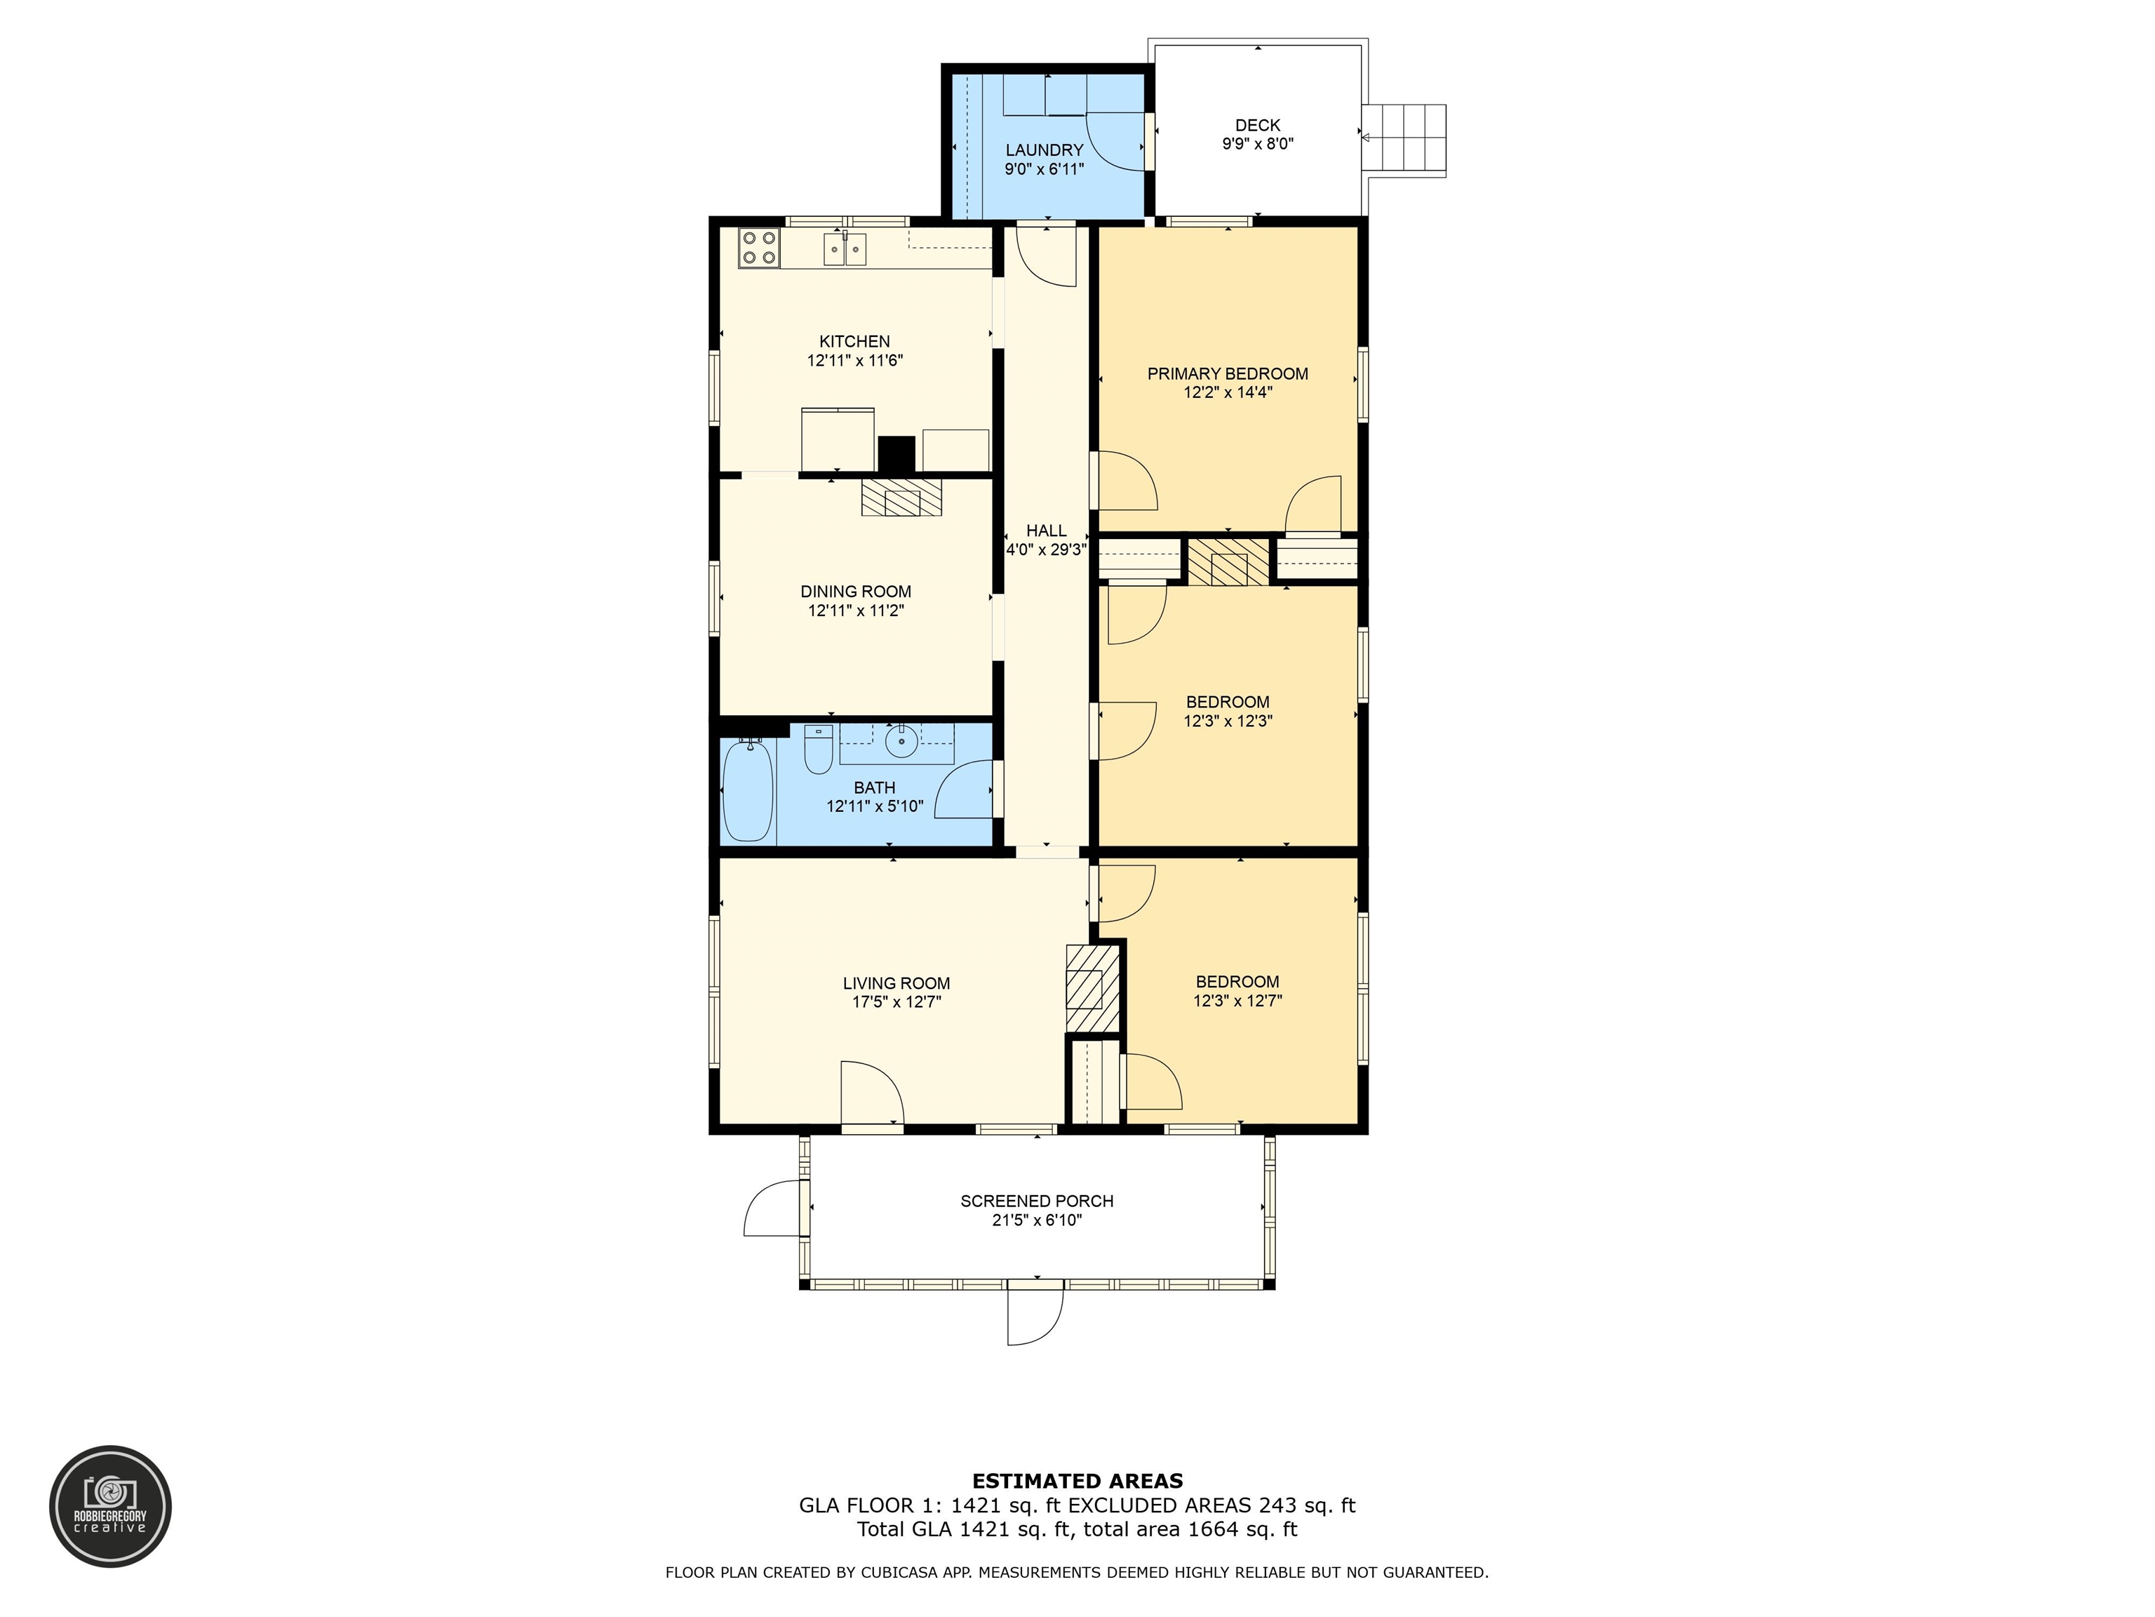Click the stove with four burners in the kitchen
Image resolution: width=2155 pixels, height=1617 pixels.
point(759,248)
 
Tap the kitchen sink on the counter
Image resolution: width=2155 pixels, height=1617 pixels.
point(845,248)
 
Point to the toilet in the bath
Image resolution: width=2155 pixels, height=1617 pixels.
point(819,750)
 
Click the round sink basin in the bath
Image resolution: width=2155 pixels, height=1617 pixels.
point(902,743)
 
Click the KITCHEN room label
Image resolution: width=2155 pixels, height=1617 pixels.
point(854,341)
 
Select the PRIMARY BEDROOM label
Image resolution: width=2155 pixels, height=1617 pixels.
point(1228,373)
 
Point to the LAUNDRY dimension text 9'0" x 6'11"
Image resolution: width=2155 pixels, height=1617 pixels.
point(1045,168)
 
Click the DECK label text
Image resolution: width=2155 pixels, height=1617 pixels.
point(1258,125)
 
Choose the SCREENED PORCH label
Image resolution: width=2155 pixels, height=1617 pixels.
point(1037,1201)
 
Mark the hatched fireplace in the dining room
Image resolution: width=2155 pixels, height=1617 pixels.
point(902,496)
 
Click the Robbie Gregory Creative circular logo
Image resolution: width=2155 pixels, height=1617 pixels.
point(111,1506)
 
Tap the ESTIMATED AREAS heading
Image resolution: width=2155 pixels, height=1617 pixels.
point(1077,1482)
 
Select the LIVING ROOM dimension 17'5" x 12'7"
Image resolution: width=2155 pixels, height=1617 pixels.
point(897,1002)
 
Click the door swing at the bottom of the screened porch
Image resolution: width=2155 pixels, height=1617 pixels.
point(1035,1316)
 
